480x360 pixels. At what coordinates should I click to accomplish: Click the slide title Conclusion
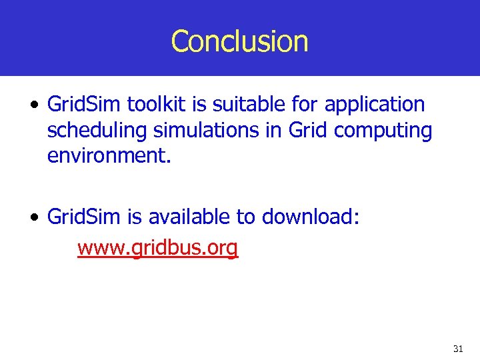[x=239, y=41]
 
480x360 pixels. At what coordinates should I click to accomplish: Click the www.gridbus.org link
[x=157, y=248]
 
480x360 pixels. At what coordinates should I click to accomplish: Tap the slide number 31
[x=457, y=349]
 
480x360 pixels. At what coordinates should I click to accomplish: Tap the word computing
[x=383, y=131]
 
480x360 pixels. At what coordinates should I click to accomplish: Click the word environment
[x=109, y=157]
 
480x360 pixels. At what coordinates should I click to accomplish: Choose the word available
[x=189, y=217]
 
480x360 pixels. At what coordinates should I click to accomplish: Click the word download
[x=311, y=217]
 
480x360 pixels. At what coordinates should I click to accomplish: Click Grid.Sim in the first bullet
[x=80, y=105]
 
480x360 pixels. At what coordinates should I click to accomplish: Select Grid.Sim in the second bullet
[x=80, y=217]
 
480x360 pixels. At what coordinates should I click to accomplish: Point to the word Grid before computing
[x=308, y=131]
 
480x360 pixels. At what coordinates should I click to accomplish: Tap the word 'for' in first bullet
[x=307, y=105]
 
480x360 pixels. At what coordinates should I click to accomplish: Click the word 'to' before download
[x=247, y=217]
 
